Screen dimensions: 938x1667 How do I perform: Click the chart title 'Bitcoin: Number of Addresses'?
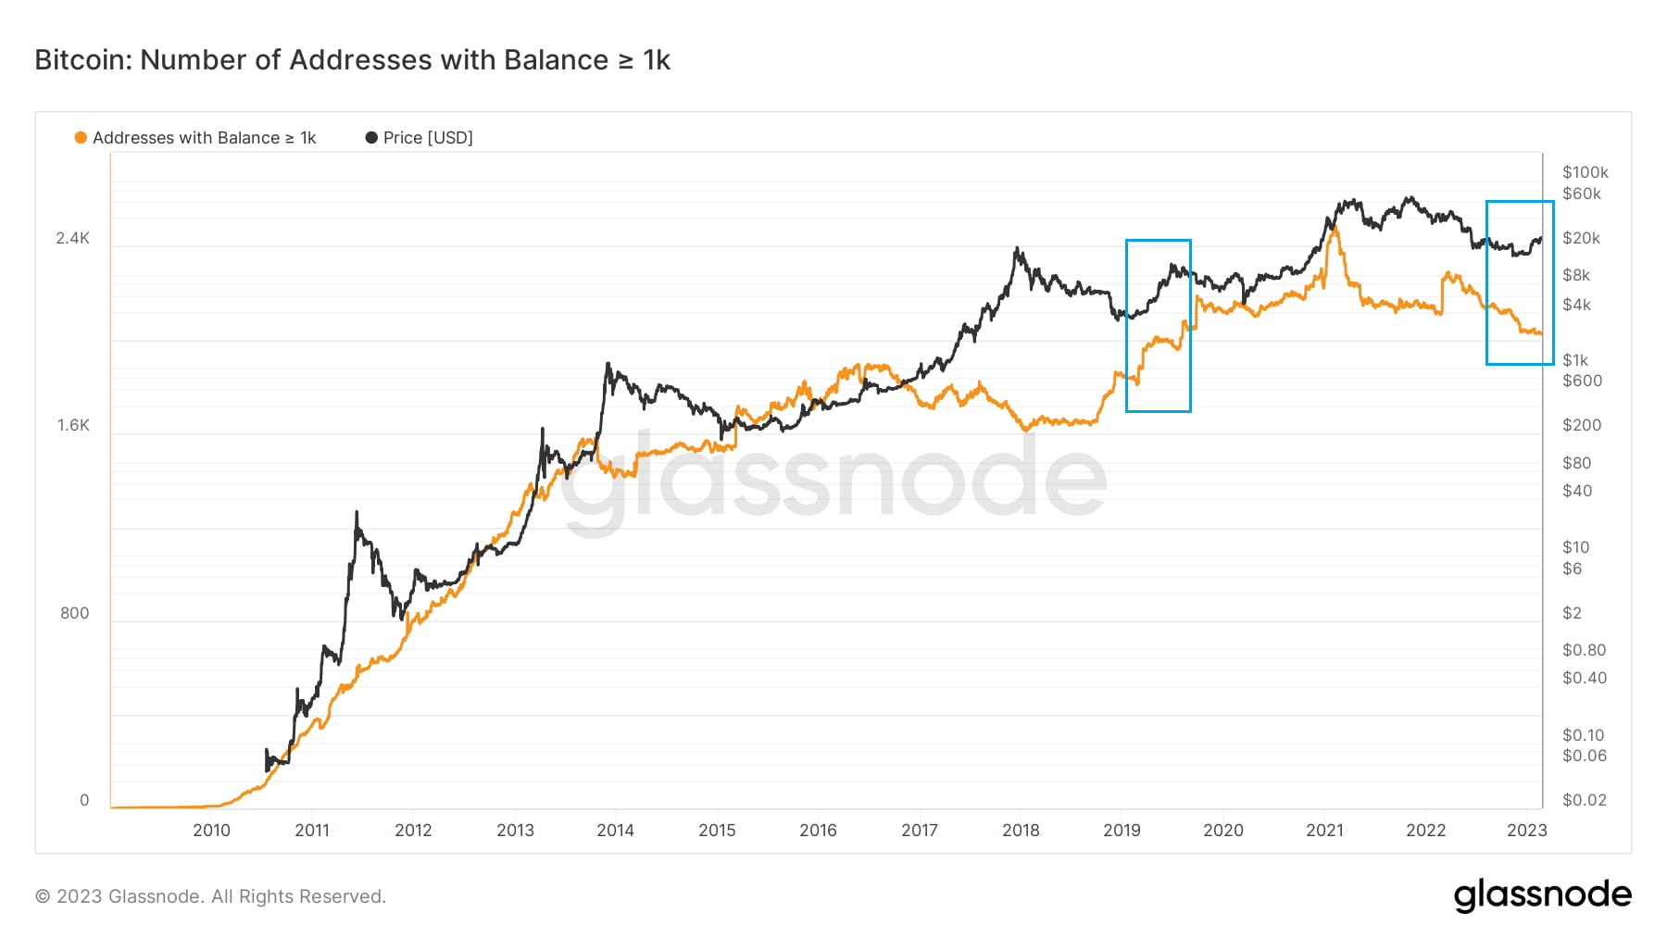click(352, 60)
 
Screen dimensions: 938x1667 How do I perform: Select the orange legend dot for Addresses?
click(81, 138)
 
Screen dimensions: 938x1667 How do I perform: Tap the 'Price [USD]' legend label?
click(428, 138)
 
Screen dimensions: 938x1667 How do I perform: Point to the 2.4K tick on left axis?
click(72, 238)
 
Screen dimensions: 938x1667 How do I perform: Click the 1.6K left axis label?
click(73, 425)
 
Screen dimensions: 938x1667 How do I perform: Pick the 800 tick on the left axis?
click(74, 613)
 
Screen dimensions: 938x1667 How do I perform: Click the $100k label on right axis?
click(1585, 172)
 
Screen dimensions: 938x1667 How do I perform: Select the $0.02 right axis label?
click(1584, 800)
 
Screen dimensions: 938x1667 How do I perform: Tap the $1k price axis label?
click(1574, 360)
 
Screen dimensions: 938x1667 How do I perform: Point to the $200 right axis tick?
click(1581, 425)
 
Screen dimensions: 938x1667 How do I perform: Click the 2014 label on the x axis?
click(615, 831)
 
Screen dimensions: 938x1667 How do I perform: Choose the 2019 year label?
click(1122, 831)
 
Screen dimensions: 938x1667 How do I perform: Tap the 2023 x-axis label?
click(1526, 831)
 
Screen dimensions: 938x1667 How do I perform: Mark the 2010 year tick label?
click(211, 831)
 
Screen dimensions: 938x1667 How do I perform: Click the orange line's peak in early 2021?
click(1335, 227)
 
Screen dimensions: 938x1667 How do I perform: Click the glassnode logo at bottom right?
click(1542, 895)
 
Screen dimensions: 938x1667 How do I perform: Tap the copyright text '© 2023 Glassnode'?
click(210, 896)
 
